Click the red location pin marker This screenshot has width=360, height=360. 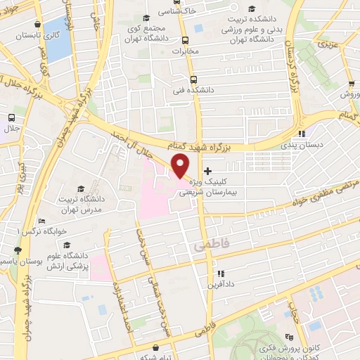click(x=181, y=167)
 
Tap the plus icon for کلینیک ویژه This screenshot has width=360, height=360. click(x=207, y=171)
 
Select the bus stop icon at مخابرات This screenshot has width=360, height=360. click(x=186, y=40)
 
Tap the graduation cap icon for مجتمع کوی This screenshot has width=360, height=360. click(x=146, y=18)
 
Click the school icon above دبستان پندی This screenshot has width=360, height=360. click(x=301, y=134)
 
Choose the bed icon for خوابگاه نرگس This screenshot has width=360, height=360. click(x=42, y=221)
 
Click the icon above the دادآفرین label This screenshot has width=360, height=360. click(x=220, y=274)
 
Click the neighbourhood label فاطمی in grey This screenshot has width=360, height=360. click(x=204, y=247)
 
